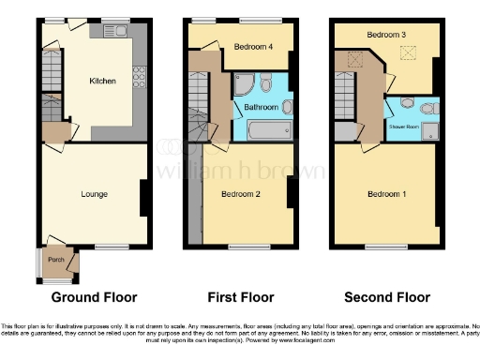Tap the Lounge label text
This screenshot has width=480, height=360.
pos(94,194)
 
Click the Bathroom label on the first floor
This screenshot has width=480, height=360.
pos(261,107)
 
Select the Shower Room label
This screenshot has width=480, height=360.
pos(404,124)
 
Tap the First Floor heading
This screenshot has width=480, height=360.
pos(241,297)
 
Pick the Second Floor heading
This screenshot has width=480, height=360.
pos(387,297)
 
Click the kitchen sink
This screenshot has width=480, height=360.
pos(118,32)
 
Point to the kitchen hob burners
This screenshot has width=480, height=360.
pos(139,76)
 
